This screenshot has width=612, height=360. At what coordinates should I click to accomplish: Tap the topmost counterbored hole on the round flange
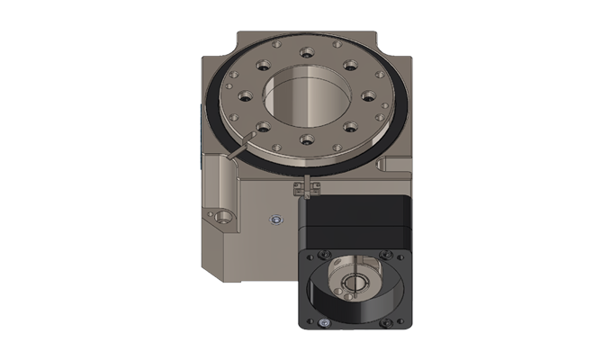pyautogui.click(x=307, y=52)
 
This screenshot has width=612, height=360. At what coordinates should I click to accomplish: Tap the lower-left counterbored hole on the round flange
pyautogui.click(x=263, y=126)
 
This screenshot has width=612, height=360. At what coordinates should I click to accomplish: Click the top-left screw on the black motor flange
pyautogui.click(x=323, y=255)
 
